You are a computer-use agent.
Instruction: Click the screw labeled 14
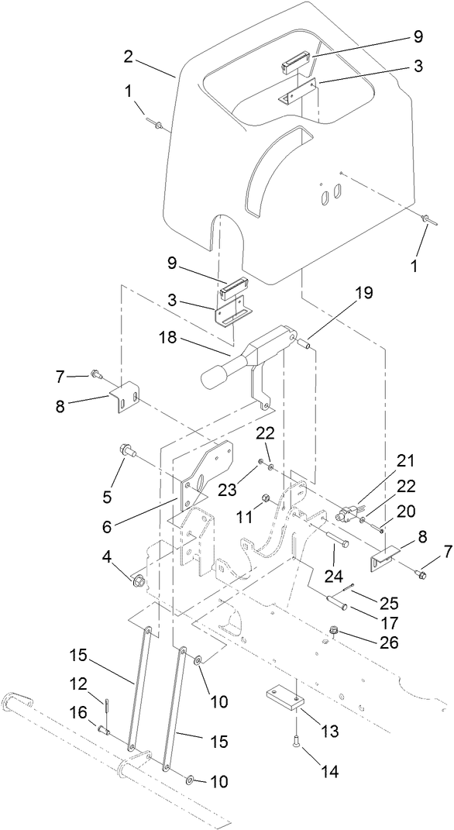[x=298, y=728]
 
